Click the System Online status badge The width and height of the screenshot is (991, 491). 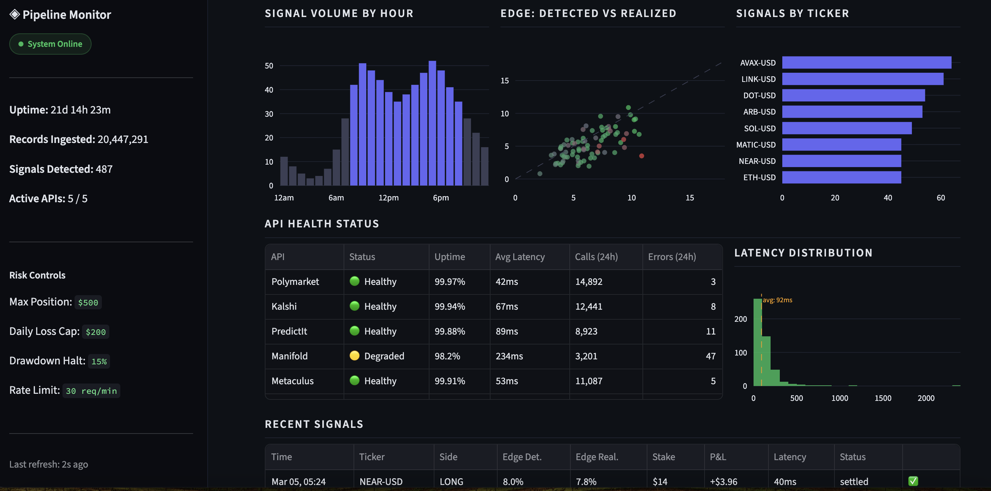click(x=50, y=44)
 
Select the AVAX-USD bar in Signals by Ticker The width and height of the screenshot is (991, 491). click(x=866, y=63)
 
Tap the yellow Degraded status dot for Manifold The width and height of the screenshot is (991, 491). click(x=354, y=356)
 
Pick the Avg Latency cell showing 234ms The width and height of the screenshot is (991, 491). click(x=509, y=356)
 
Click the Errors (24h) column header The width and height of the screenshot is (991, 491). click(x=672, y=256)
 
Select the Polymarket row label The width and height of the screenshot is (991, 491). click(x=295, y=281)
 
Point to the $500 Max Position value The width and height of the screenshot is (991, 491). click(x=88, y=303)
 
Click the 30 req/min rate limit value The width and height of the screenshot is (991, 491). click(x=91, y=391)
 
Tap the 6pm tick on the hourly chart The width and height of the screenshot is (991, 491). click(x=441, y=198)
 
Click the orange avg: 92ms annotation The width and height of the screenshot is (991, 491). click(x=777, y=300)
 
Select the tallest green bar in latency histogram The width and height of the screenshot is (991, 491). click(x=757, y=342)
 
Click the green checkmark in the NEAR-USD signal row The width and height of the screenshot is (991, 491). click(x=913, y=481)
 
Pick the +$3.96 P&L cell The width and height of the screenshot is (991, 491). click(x=723, y=481)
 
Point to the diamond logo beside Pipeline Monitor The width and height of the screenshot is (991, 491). click(x=15, y=15)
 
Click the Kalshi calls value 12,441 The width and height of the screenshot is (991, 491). click(x=588, y=307)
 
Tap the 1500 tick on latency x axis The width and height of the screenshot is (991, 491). click(x=882, y=398)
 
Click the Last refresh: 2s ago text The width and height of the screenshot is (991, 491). click(x=49, y=464)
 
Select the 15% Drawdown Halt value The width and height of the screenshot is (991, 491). click(x=99, y=362)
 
